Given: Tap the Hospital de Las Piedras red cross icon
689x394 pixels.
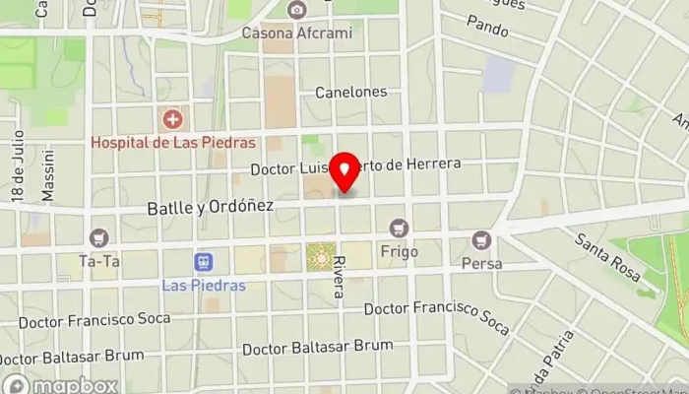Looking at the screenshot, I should pos(173,120).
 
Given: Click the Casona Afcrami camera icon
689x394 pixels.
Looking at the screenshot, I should pos(296,10).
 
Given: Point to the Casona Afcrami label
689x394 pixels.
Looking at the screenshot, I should pos(296,33).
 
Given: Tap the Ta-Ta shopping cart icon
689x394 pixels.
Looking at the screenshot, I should pos(97,238).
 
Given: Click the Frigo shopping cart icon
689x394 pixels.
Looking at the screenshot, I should pos(399,229).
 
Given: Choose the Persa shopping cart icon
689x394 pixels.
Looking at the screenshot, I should pos(481,239).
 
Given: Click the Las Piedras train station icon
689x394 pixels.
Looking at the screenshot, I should pos(204,263).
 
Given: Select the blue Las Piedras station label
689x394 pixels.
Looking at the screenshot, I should pos(204,286).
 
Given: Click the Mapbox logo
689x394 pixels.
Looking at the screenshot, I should pos(61,385).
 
